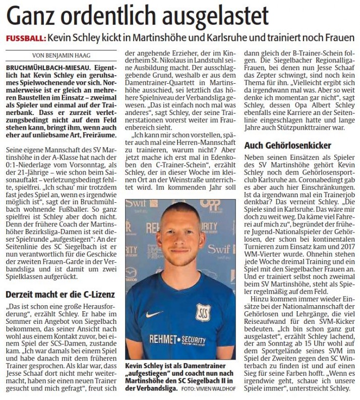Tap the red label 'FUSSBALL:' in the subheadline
(25, 39)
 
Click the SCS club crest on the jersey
(204, 313)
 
